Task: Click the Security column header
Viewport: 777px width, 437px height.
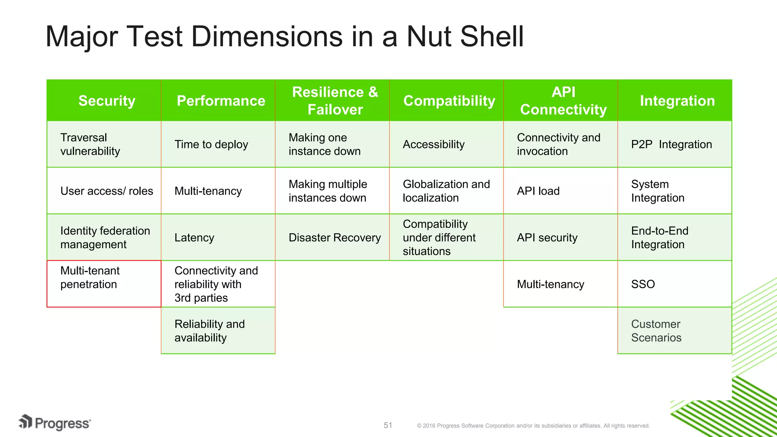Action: point(107,101)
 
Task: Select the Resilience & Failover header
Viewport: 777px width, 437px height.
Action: point(335,101)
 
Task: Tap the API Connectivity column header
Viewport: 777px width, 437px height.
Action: point(563,101)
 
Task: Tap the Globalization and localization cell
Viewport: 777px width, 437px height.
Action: point(446,191)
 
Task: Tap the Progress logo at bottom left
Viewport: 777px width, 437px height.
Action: point(55,423)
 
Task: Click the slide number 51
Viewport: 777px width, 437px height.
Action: point(388,425)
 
